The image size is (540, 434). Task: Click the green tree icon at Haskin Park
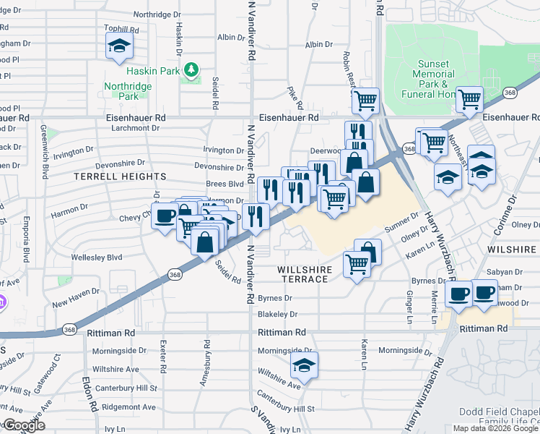click(x=191, y=70)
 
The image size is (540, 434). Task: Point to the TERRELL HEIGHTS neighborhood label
click(x=120, y=176)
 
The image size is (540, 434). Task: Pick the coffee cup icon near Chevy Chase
click(x=165, y=215)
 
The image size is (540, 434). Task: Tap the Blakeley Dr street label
click(x=277, y=315)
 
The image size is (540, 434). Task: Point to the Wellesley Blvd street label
click(x=96, y=258)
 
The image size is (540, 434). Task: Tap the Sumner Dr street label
click(x=402, y=224)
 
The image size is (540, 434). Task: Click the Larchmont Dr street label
click(x=135, y=128)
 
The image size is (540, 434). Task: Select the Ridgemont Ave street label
click(x=129, y=407)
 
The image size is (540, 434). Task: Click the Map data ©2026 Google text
click(x=495, y=428)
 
